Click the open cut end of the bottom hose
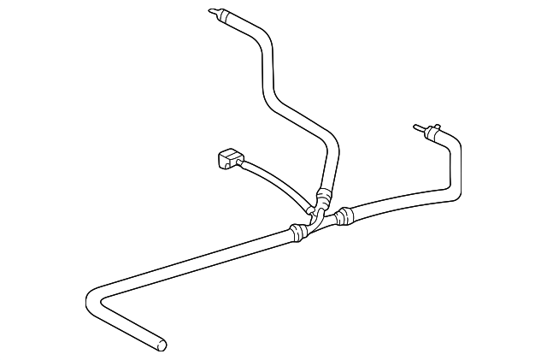click(160, 345)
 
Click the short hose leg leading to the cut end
click(128, 326)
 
